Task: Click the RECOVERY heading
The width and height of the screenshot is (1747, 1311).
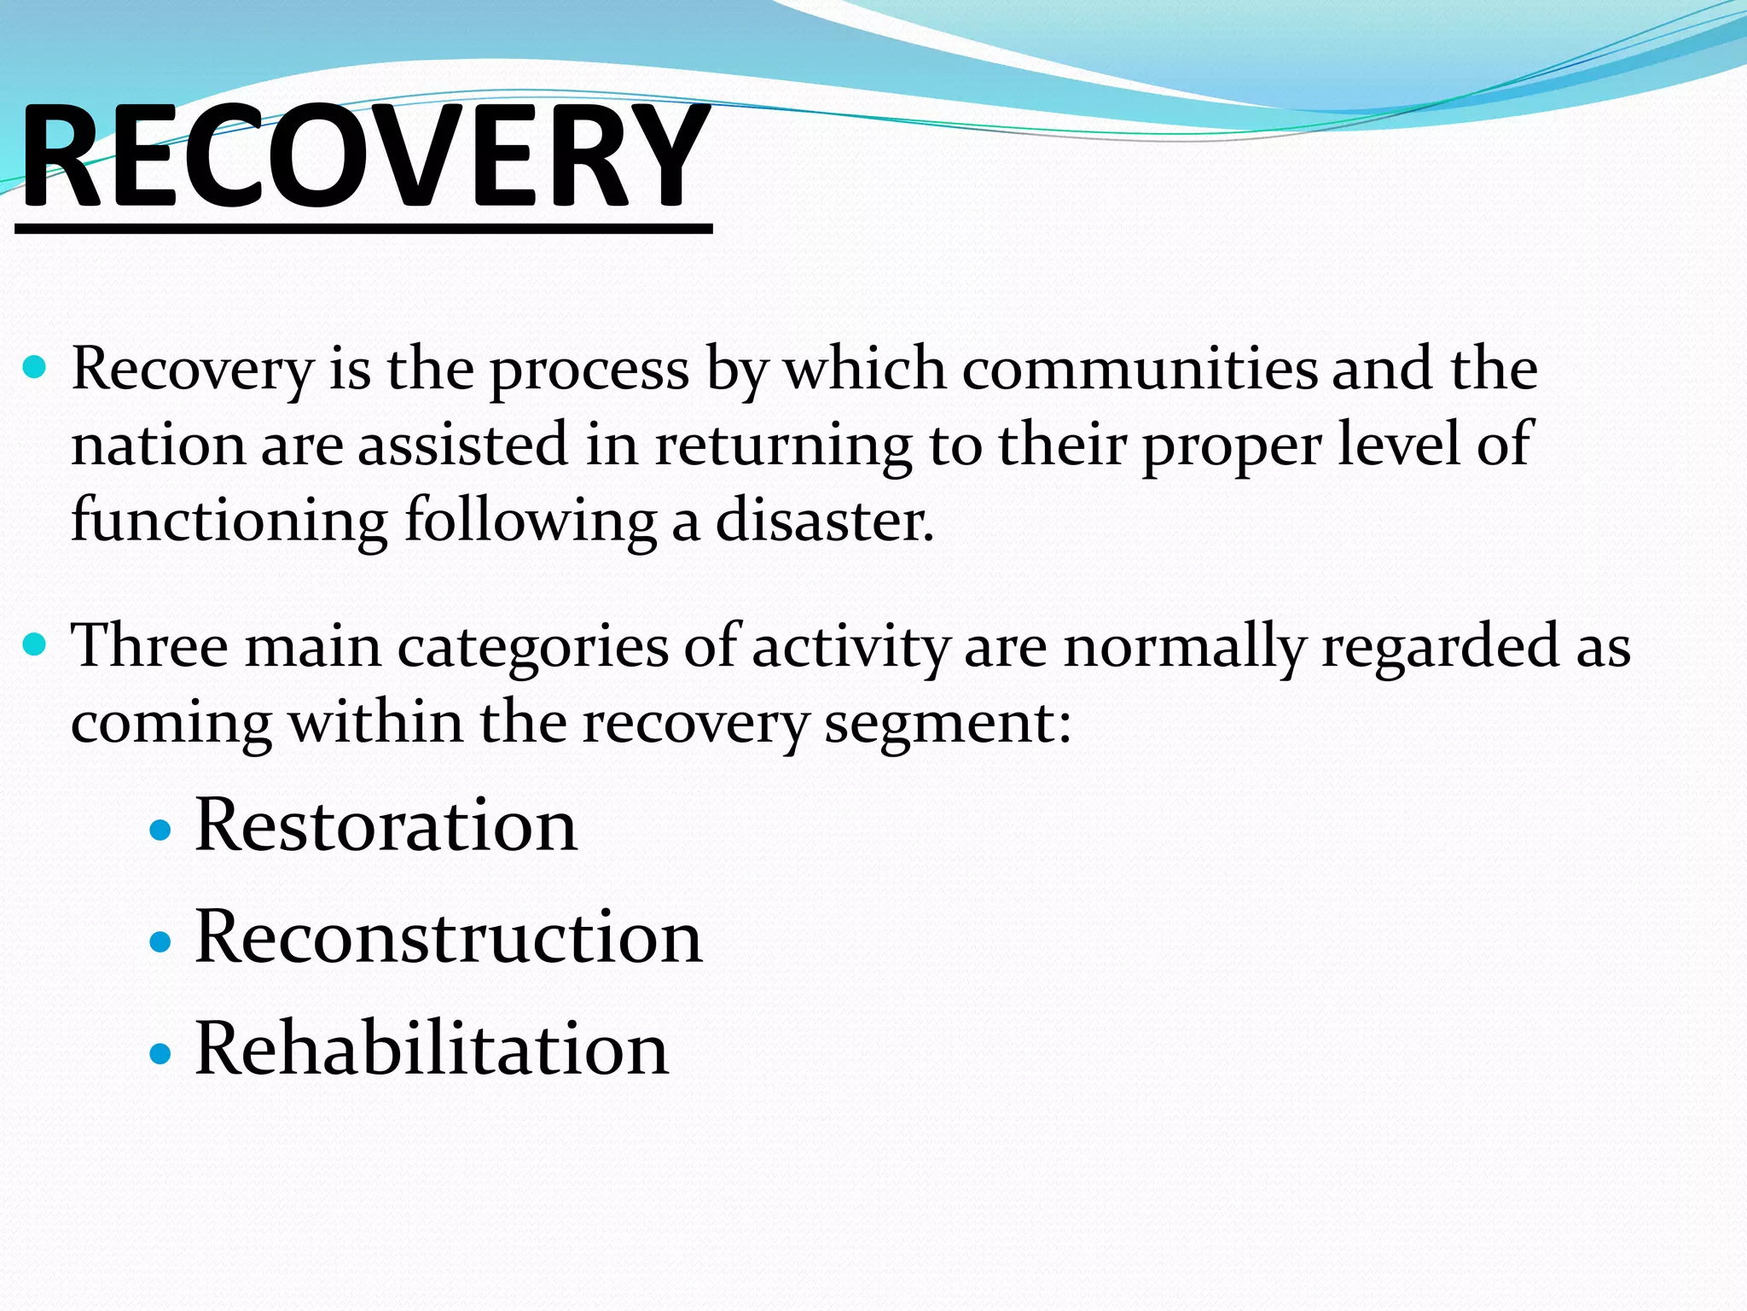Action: pyautogui.click(x=365, y=158)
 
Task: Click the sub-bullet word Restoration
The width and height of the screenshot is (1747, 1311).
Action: pyautogui.click(x=386, y=826)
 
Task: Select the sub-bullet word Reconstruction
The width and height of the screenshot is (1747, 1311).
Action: pyautogui.click(x=449, y=937)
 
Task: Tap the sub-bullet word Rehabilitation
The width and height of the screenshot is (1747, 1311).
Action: pyautogui.click(x=432, y=1049)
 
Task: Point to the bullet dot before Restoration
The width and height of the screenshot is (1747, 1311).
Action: pyautogui.click(x=160, y=830)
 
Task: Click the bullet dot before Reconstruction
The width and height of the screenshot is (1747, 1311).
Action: pyautogui.click(x=160, y=941)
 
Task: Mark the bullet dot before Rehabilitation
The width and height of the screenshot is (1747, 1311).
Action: pyautogui.click(x=160, y=1053)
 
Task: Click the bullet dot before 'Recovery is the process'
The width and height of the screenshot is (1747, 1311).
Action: pyautogui.click(x=34, y=369)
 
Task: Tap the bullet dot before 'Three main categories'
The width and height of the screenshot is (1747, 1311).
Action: pyautogui.click(x=34, y=644)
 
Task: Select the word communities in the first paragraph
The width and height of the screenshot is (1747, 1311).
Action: pyautogui.click(x=1140, y=370)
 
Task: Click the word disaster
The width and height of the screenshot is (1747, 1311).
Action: pyautogui.click(x=824, y=521)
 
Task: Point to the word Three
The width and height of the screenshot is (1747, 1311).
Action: pyautogui.click(x=150, y=646)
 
